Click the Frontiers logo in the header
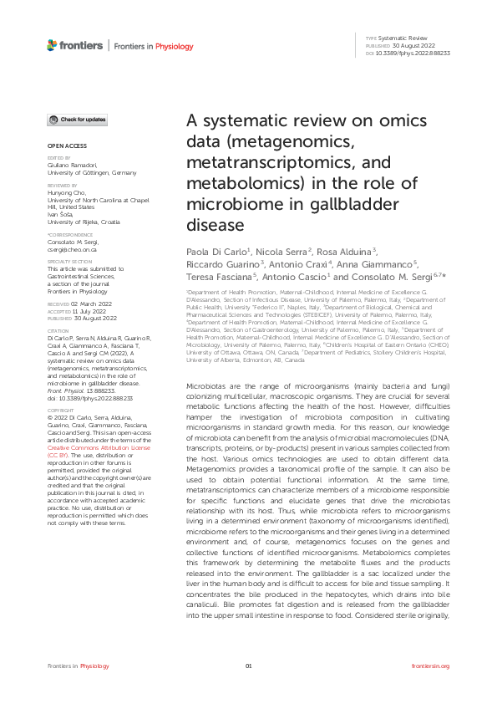(75, 45)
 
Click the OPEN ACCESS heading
(61, 147)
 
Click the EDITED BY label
(58, 157)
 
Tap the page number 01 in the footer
(248, 666)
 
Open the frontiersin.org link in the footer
(431, 666)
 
